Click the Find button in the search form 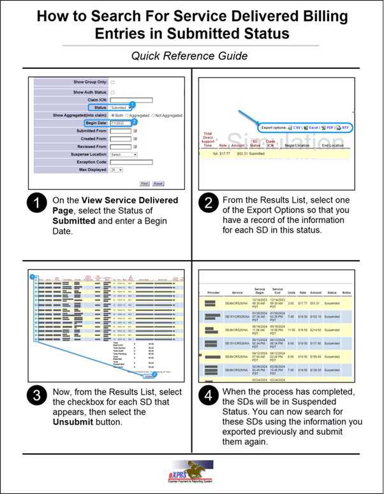tap(144, 183)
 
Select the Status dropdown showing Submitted tap(119, 108)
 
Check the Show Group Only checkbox tap(113, 82)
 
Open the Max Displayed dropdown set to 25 tap(117, 170)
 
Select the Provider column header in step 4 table tap(214, 293)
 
